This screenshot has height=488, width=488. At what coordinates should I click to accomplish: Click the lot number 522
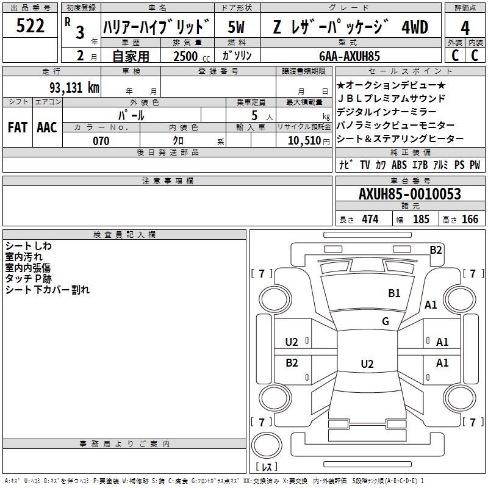(x=30, y=26)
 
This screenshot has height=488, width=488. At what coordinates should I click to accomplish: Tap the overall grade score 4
(x=465, y=27)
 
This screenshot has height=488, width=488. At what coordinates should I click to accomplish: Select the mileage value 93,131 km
(x=74, y=87)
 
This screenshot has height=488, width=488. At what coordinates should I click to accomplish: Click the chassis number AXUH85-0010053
(x=409, y=193)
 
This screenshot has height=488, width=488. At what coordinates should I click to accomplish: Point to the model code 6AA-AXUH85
(x=350, y=56)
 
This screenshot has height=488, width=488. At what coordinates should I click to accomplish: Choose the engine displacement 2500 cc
(x=192, y=56)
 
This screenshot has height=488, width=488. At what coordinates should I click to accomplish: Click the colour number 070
(x=101, y=141)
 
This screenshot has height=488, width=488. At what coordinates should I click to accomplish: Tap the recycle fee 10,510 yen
(x=309, y=141)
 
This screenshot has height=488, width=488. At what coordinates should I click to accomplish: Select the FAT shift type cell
(x=18, y=127)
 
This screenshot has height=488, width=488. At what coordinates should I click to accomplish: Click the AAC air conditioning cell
(x=47, y=127)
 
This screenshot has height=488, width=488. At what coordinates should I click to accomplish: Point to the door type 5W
(x=236, y=27)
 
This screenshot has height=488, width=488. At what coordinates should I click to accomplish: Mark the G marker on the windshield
(x=386, y=321)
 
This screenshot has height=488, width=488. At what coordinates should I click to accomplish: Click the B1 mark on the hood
(x=394, y=293)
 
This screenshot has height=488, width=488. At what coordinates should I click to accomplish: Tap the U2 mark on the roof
(x=367, y=364)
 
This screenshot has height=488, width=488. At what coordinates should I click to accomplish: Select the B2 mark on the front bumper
(x=436, y=250)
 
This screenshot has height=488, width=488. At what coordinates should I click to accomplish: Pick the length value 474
(x=370, y=219)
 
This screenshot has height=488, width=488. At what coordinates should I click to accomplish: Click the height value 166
(x=470, y=219)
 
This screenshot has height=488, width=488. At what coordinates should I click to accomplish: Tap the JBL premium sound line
(x=392, y=98)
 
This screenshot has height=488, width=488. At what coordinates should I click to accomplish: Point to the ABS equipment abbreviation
(x=399, y=165)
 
